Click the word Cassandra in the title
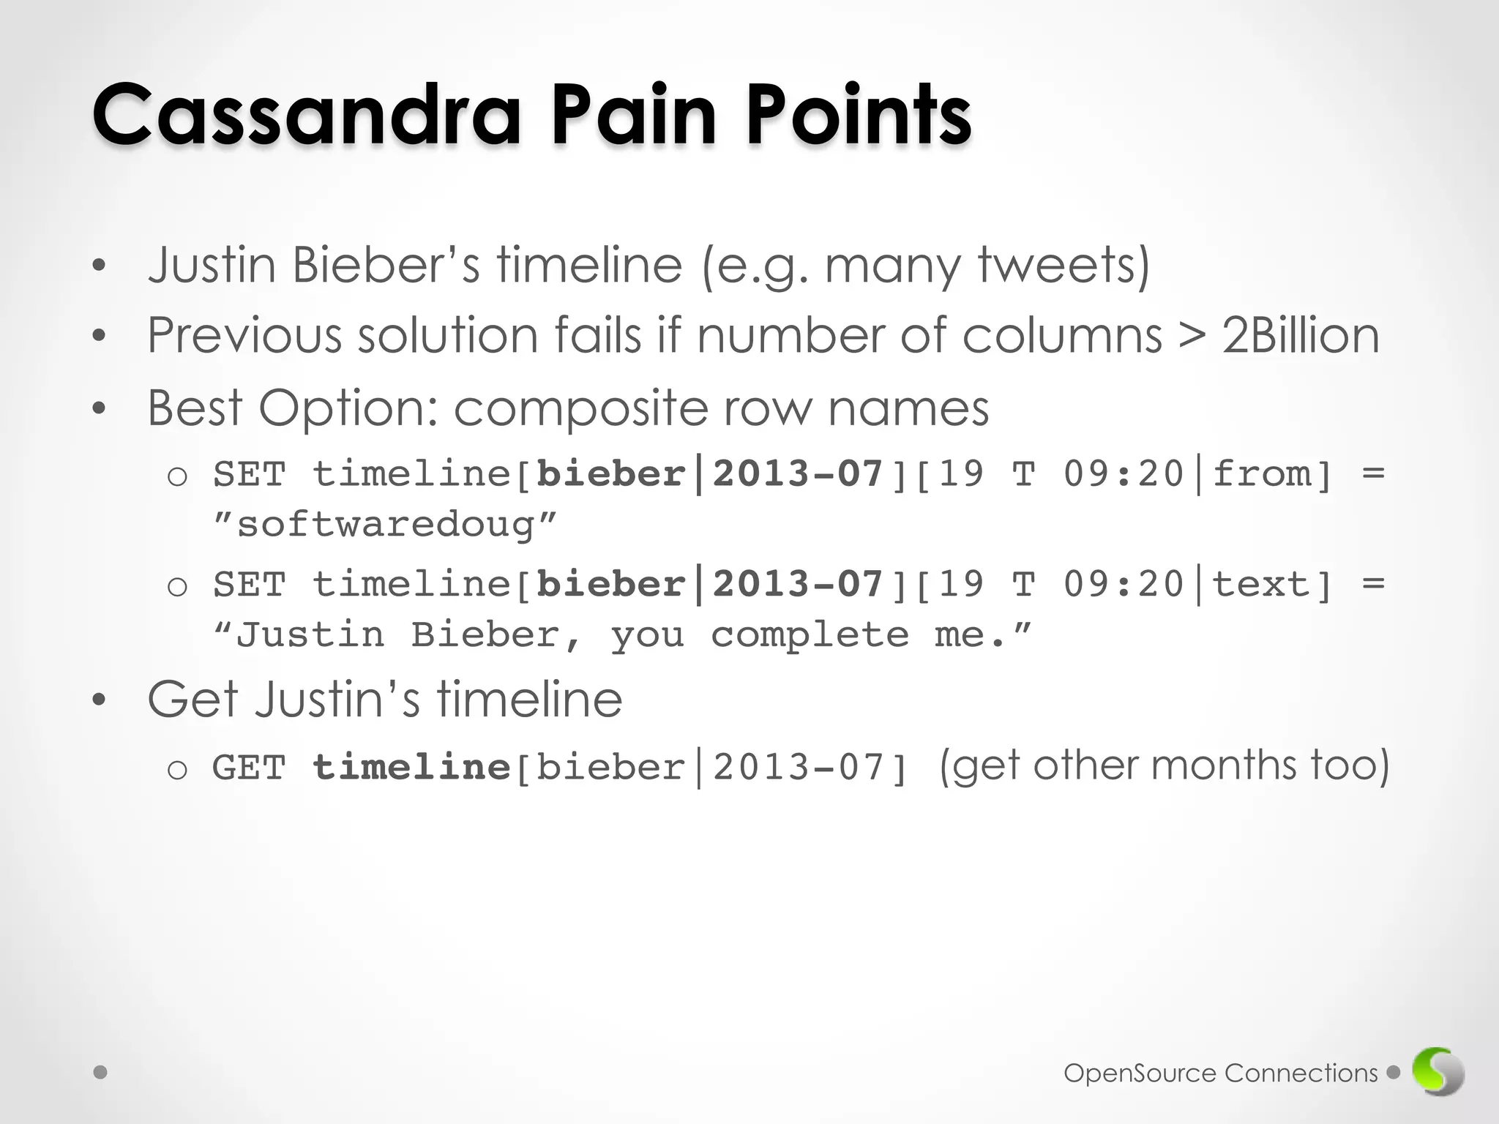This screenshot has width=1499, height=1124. click(306, 115)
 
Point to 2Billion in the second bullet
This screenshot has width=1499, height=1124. click(1300, 335)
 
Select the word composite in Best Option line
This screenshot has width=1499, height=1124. click(580, 408)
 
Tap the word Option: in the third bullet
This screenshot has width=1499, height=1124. click(348, 408)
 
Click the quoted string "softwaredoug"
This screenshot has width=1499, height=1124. click(384, 524)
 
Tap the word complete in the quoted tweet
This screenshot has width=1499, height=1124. click(810, 634)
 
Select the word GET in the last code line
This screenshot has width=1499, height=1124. click(249, 768)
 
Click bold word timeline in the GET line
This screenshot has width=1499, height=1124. click(411, 768)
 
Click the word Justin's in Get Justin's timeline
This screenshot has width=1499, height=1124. click(337, 699)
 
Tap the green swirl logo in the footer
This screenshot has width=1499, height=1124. click(1438, 1073)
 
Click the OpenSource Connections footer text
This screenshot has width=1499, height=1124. click(1220, 1073)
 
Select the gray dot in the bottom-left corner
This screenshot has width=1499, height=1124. click(101, 1073)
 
